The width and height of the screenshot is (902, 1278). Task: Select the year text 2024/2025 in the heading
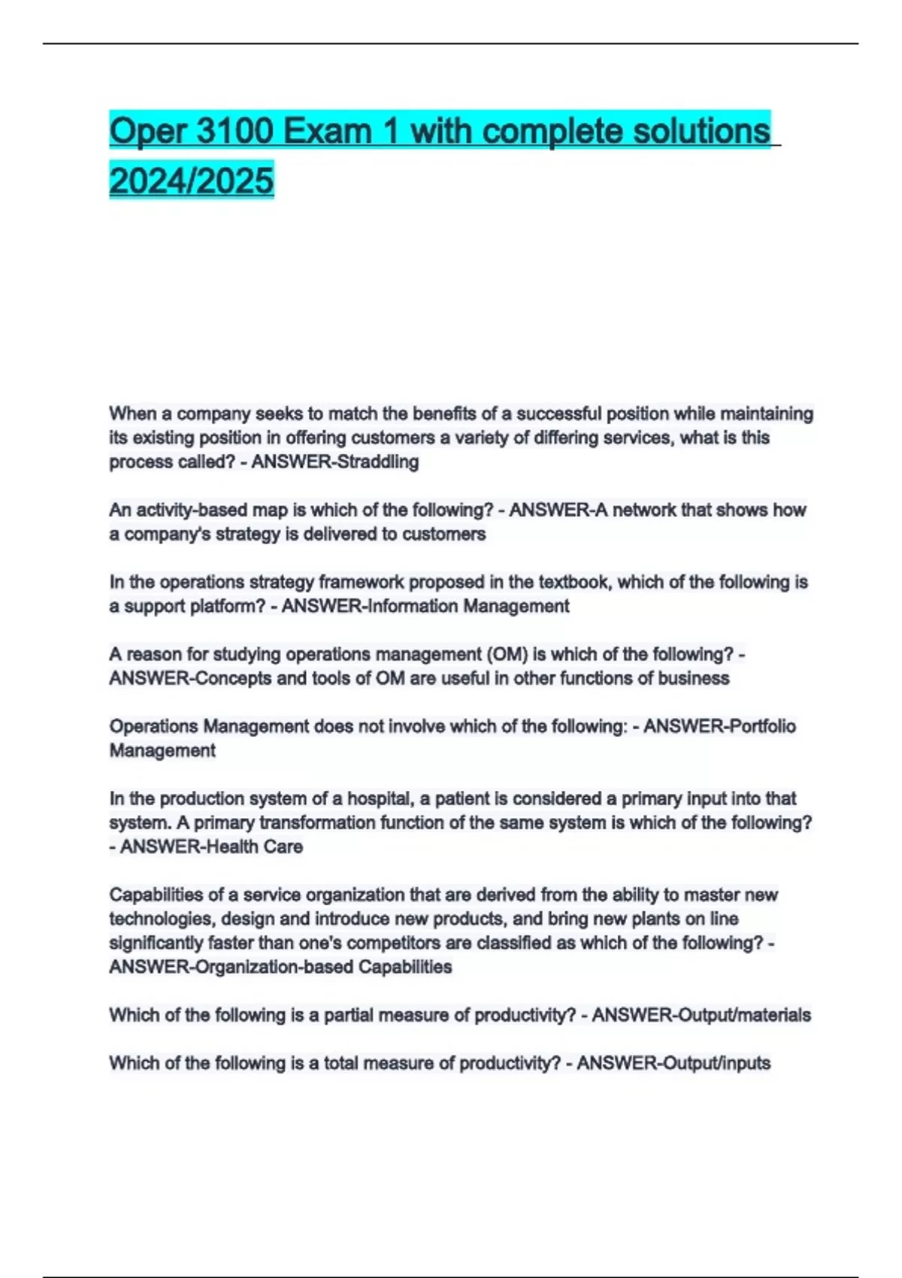(x=192, y=180)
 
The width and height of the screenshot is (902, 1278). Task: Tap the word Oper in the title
(x=147, y=132)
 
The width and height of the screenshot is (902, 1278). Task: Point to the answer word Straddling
(x=377, y=462)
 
